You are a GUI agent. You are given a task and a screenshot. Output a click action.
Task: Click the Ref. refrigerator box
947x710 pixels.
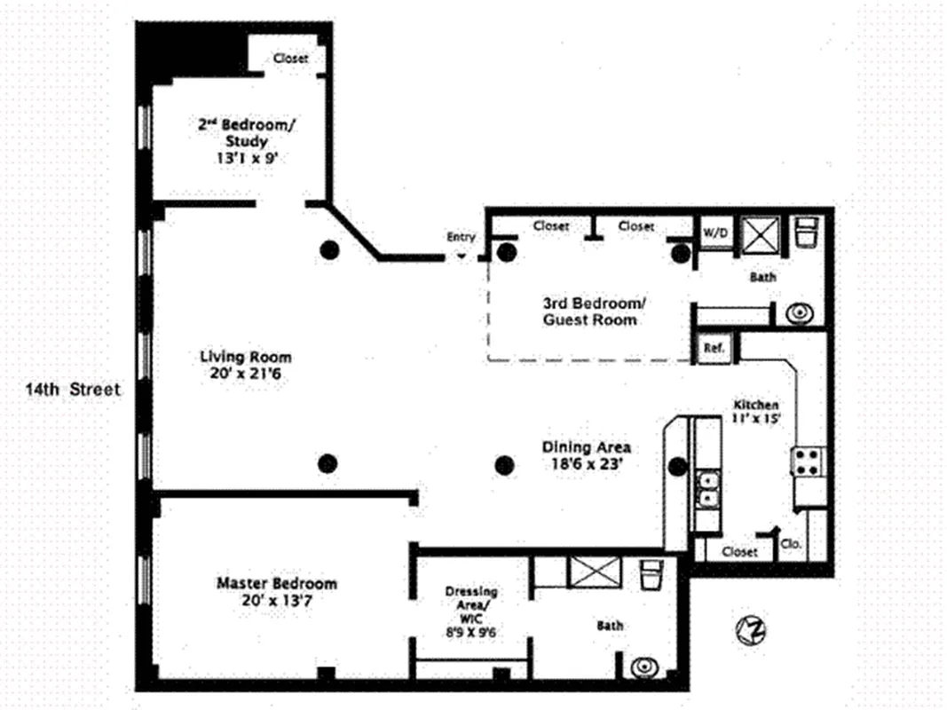tap(714, 348)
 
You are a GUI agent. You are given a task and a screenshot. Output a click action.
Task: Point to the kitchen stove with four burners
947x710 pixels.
tap(809, 461)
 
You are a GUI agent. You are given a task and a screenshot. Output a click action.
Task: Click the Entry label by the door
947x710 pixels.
tap(462, 237)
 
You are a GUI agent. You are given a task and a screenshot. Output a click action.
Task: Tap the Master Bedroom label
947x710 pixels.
tap(277, 583)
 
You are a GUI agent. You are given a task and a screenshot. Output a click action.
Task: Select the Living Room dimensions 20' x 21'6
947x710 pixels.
tap(245, 375)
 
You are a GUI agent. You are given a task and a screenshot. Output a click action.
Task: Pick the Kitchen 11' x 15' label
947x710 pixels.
tap(755, 411)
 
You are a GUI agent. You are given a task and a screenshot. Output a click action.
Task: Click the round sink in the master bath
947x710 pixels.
tap(641, 666)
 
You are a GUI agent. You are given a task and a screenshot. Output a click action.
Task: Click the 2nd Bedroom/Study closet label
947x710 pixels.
tap(290, 59)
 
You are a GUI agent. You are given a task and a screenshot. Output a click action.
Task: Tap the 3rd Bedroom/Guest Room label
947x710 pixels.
tap(590, 310)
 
